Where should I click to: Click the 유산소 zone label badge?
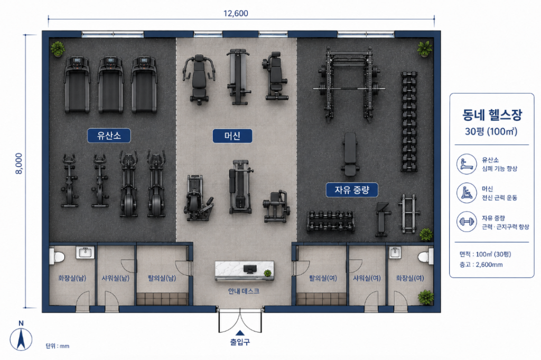pyautogui.click(x=109, y=136)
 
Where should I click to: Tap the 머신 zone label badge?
pyautogui.click(x=232, y=136)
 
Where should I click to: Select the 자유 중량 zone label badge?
pyautogui.click(x=352, y=190)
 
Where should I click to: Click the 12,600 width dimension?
pyautogui.click(x=236, y=13)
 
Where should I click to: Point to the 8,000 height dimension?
pyautogui.click(x=19, y=163)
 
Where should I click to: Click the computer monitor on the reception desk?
pyautogui.click(x=250, y=269)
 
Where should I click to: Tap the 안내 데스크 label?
pyautogui.click(x=244, y=291)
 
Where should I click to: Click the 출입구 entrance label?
pyautogui.click(x=240, y=342)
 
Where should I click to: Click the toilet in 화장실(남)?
pyautogui.click(x=57, y=257)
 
